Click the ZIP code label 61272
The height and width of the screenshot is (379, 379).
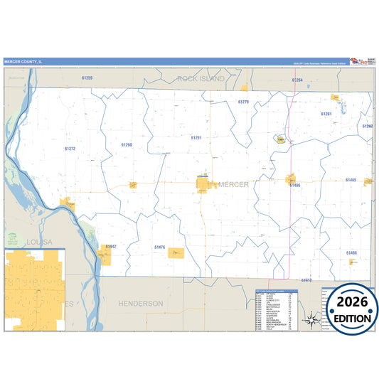[x=70, y=149]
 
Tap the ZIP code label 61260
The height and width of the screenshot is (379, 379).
[x=127, y=144]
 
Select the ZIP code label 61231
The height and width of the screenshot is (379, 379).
[x=196, y=137]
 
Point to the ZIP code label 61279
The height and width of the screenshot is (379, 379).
[x=243, y=102]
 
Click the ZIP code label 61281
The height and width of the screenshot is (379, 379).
[x=326, y=114]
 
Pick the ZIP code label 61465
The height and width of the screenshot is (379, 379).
[x=351, y=181]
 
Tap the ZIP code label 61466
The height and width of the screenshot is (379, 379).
[x=351, y=253]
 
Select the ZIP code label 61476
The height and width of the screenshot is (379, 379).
[x=159, y=247]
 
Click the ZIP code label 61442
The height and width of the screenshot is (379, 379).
[x=110, y=246]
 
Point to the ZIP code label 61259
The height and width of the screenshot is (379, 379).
[x=87, y=78]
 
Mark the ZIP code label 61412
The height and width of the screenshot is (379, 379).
[x=306, y=281]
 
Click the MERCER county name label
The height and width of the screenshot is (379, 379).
[x=233, y=185]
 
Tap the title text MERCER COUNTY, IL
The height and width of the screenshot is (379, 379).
[x=24, y=62]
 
